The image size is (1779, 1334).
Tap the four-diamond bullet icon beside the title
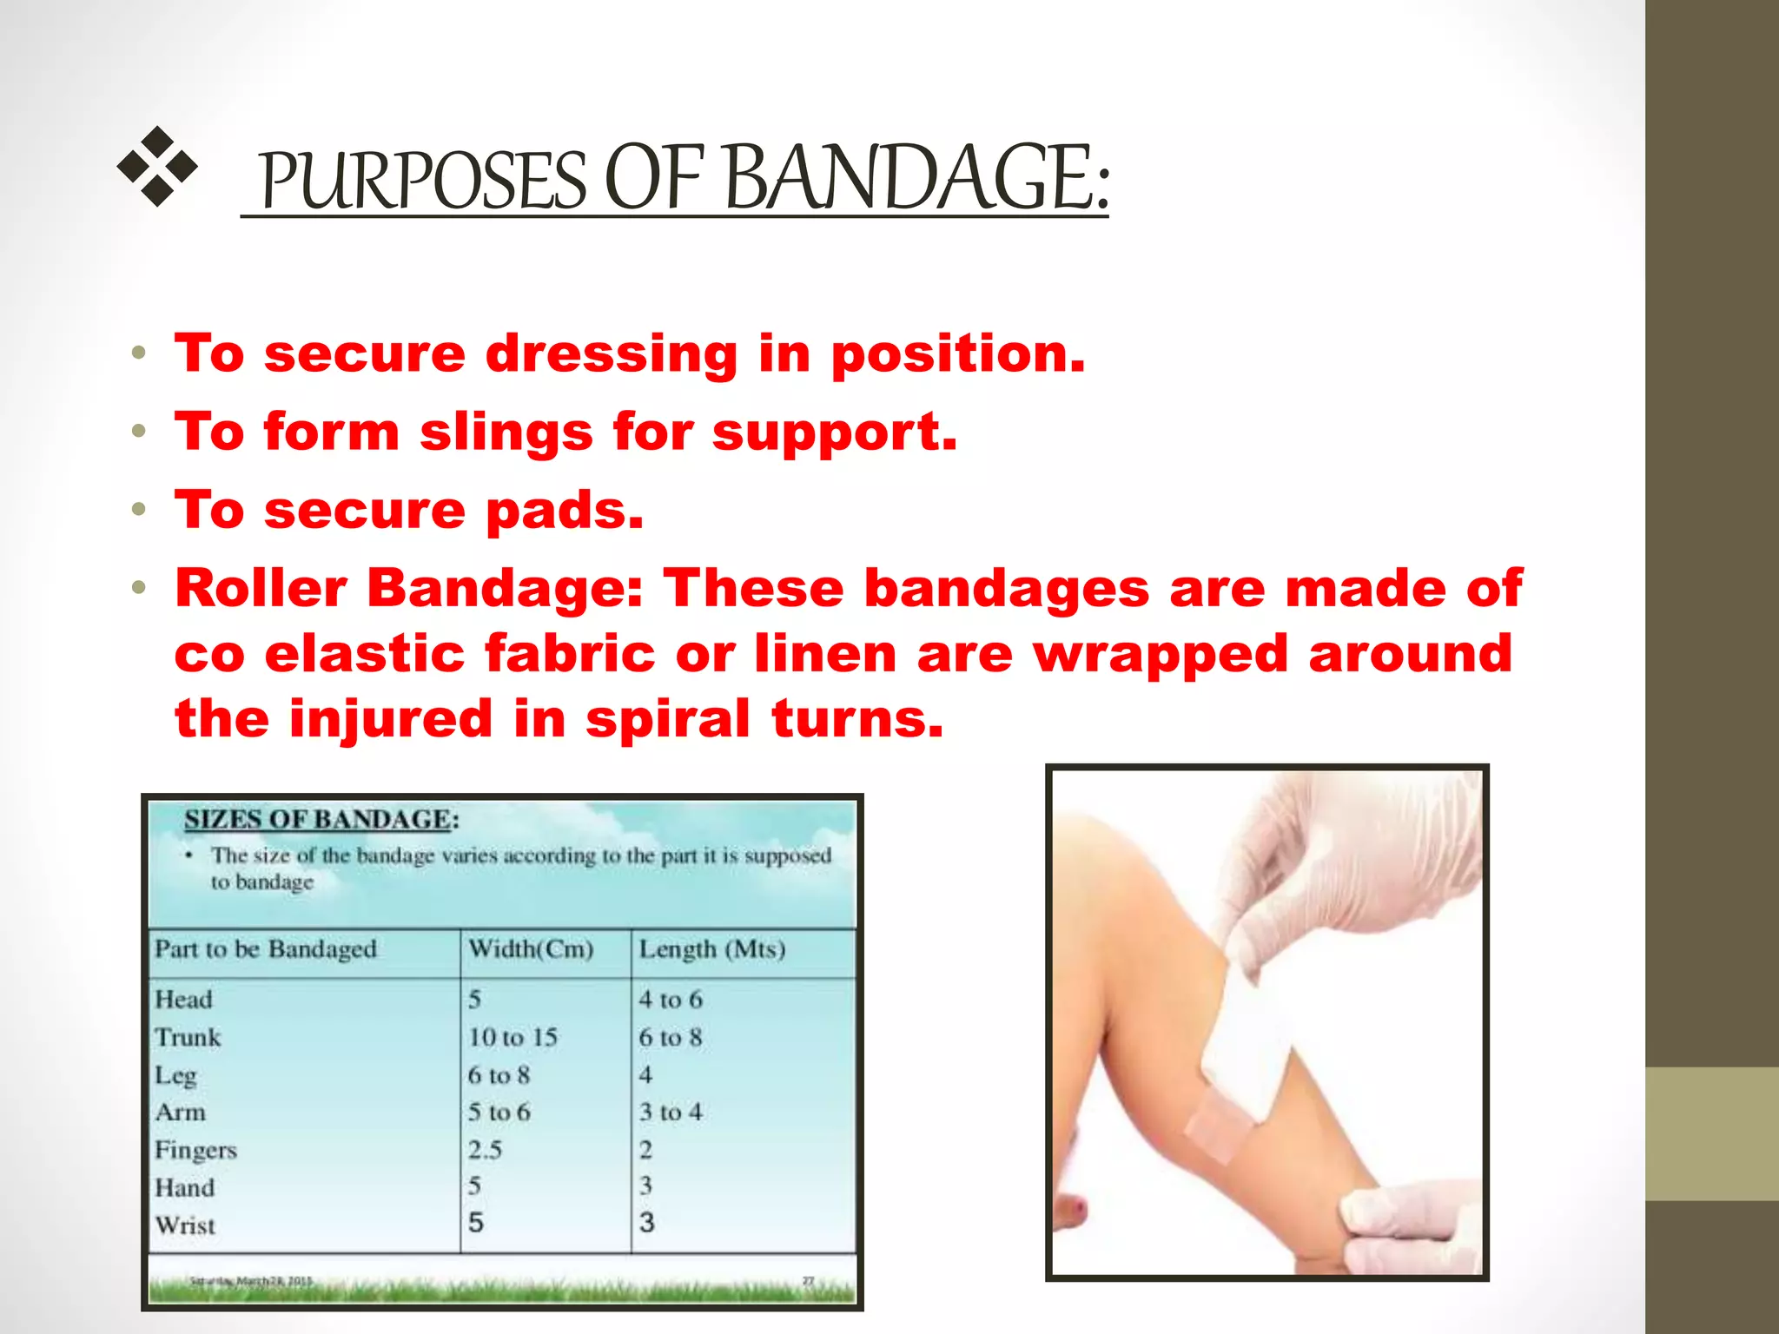click(x=157, y=166)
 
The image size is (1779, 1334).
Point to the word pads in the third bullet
click(x=565, y=511)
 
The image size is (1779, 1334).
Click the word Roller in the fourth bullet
click(x=261, y=588)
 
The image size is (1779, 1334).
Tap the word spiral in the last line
click(x=667, y=719)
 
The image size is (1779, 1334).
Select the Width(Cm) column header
click(x=531, y=948)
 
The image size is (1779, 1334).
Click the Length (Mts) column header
click(x=712, y=948)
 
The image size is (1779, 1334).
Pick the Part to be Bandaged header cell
click(x=266, y=948)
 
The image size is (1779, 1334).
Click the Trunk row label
click(x=188, y=1037)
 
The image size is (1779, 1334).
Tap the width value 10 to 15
click(x=513, y=1037)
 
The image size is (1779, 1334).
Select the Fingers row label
click(x=195, y=1150)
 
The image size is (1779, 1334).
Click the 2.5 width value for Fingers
click(x=485, y=1150)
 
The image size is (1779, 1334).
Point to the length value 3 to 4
click(x=671, y=1112)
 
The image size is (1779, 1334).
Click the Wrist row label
click(x=185, y=1225)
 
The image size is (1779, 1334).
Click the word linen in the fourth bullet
click(x=824, y=653)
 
